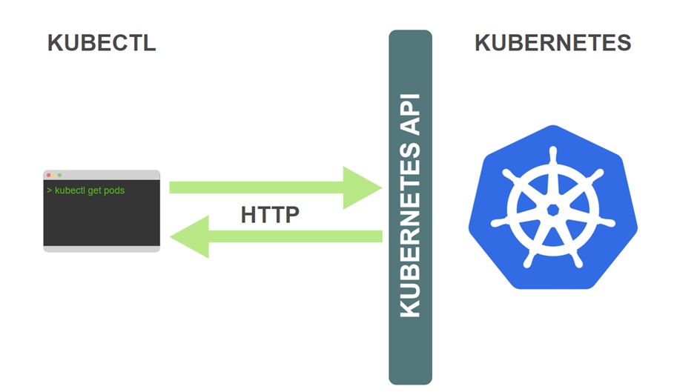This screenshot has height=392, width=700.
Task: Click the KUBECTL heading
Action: click(x=102, y=43)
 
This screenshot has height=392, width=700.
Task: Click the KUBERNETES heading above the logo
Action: click(x=552, y=43)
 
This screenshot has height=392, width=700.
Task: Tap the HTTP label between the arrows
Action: click(x=270, y=215)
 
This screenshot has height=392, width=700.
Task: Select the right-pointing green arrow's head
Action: click(x=363, y=187)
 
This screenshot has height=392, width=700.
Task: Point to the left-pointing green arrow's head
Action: click(x=189, y=237)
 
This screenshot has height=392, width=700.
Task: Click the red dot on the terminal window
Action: click(x=49, y=175)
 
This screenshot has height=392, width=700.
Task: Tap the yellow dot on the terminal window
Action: click(x=54, y=175)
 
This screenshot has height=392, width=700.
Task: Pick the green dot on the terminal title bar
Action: click(x=59, y=175)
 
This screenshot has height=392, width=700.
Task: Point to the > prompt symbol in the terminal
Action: click(x=49, y=190)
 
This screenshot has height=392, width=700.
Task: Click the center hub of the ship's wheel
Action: click(x=552, y=210)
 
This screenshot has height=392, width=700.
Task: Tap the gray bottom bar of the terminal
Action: click(x=102, y=249)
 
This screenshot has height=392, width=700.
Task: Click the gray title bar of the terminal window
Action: click(x=111, y=175)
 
